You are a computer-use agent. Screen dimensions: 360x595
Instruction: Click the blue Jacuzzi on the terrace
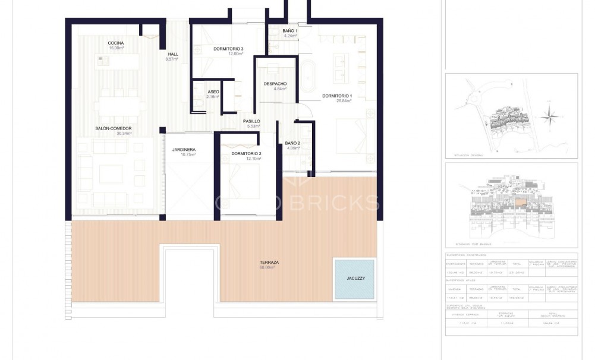(x=354, y=278)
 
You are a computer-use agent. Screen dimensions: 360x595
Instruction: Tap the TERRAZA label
(x=269, y=262)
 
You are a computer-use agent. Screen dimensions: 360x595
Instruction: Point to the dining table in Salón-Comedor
(x=120, y=107)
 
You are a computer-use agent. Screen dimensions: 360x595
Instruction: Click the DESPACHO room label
(x=275, y=84)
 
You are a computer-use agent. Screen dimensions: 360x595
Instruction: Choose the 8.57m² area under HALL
(x=172, y=59)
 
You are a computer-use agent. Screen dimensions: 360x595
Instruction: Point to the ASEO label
(x=213, y=91)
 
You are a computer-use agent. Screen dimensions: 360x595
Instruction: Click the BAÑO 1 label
(x=289, y=30)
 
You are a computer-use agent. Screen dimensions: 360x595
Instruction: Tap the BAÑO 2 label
(x=292, y=143)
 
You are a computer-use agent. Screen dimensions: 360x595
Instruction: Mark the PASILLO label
(x=251, y=121)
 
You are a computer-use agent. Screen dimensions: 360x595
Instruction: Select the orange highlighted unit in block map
(x=521, y=203)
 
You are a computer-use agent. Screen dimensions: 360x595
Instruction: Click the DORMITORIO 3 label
(x=228, y=49)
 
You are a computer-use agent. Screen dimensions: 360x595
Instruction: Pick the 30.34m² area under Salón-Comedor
(x=124, y=134)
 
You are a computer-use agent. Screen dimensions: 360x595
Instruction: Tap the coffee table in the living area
(x=111, y=173)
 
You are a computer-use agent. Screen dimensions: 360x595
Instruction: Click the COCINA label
(x=115, y=43)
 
